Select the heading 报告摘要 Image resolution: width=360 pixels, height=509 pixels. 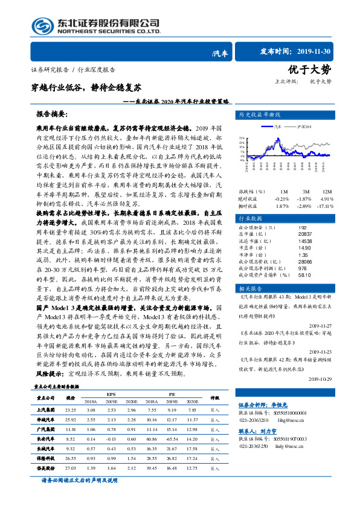tap(52, 114)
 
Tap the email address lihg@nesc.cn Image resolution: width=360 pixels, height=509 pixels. tap(295, 436)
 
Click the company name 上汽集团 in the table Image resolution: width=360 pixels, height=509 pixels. tap(46, 409)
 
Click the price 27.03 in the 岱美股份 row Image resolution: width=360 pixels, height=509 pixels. tap(70, 467)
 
